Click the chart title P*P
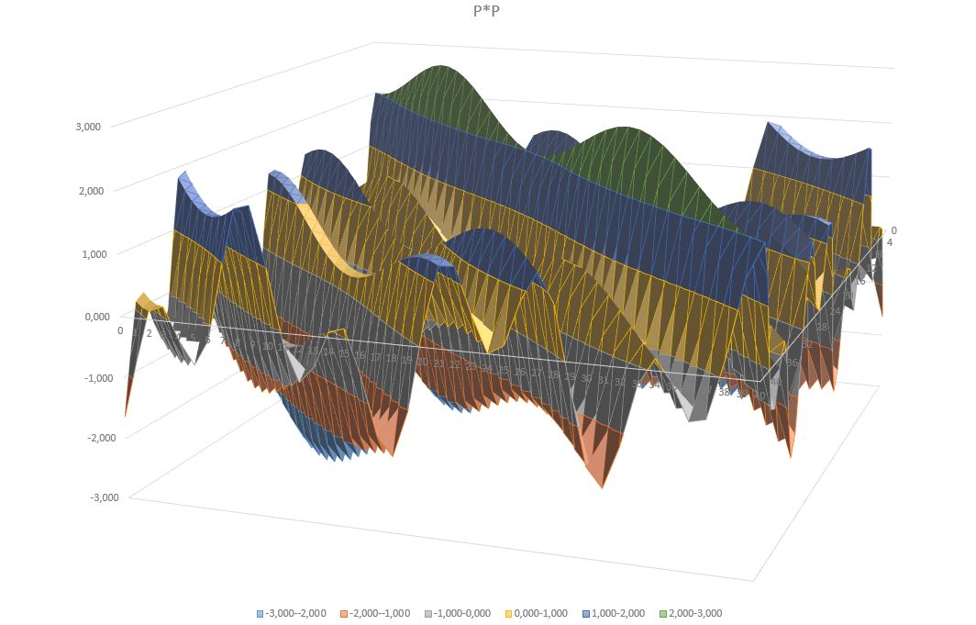tap(487, 11)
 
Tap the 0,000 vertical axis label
tap(96, 317)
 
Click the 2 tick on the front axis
tap(149, 333)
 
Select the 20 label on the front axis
tap(423, 363)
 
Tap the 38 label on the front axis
tap(724, 392)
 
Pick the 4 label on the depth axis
tap(889, 242)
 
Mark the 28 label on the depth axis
tap(822, 327)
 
